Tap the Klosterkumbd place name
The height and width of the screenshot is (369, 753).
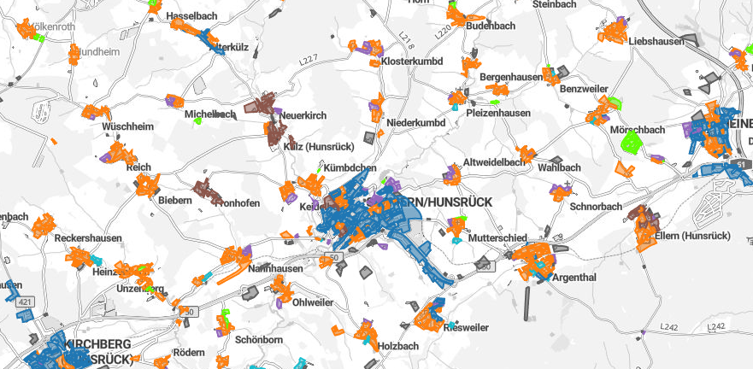click(411, 61)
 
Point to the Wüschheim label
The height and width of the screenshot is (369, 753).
click(127, 126)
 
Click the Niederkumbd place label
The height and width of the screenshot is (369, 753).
click(416, 123)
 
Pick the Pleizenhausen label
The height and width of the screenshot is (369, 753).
click(498, 113)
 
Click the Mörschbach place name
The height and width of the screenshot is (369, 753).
click(638, 130)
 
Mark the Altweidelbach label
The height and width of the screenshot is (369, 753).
click(493, 162)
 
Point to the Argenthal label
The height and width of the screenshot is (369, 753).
click(574, 278)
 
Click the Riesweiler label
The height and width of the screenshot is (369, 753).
click(467, 327)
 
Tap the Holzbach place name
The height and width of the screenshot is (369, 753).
click(398, 346)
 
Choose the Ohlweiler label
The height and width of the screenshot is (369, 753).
click(313, 302)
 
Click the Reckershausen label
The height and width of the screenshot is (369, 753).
click(88, 237)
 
